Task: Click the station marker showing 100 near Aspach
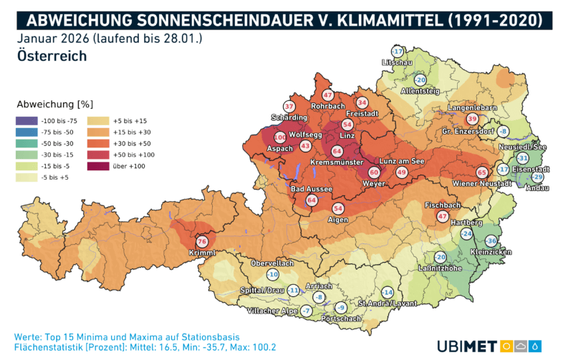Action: coord(280,137)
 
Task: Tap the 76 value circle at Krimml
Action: coord(202,243)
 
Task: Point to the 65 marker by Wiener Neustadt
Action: coord(482,172)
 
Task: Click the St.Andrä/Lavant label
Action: coord(388,304)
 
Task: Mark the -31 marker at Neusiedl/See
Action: coord(523,158)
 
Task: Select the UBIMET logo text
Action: coord(466,346)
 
